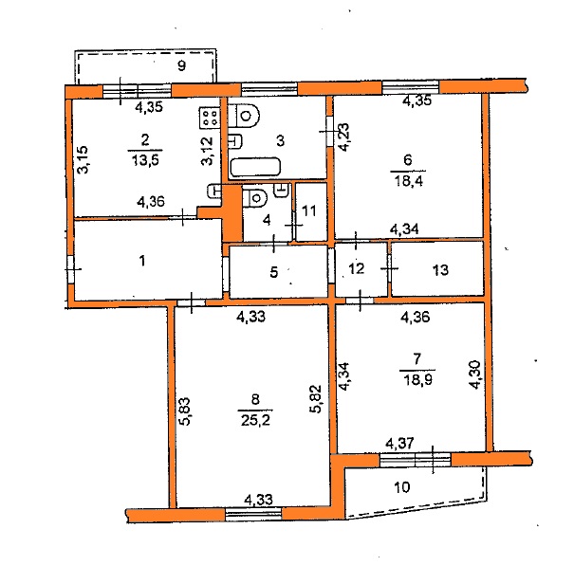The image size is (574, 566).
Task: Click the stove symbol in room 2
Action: (x=210, y=118)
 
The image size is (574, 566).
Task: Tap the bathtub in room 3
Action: (x=255, y=167)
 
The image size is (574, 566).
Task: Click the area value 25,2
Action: (x=255, y=420)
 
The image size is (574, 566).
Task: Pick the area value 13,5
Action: (x=145, y=160)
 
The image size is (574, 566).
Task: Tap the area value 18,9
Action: (x=417, y=380)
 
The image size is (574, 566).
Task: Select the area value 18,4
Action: (x=408, y=181)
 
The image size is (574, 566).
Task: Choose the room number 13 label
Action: (x=440, y=270)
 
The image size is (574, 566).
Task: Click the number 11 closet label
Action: (x=309, y=211)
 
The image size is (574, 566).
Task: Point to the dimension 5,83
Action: (x=185, y=411)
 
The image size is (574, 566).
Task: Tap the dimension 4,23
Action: (x=343, y=137)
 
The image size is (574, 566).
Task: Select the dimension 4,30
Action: (x=474, y=374)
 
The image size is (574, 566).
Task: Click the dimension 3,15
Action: (x=83, y=159)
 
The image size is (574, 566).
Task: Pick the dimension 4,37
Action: (x=400, y=444)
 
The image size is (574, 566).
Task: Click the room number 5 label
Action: (x=274, y=272)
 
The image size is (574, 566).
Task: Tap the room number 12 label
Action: (x=357, y=269)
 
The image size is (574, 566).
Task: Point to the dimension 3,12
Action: (x=208, y=151)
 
